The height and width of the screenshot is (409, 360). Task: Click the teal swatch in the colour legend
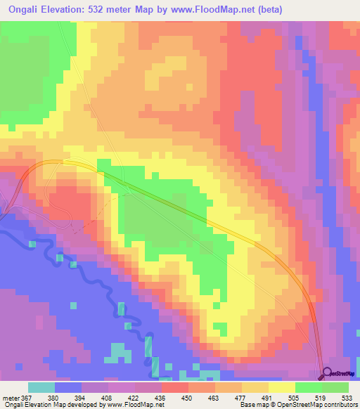pyautogui.click(x=41, y=387)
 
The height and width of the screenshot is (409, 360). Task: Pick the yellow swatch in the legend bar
pyautogui.click(x=281, y=387)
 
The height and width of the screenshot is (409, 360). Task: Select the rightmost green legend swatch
pyautogui.click(x=335, y=387)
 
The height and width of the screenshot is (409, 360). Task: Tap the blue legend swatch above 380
pyautogui.click(x=68, y=387)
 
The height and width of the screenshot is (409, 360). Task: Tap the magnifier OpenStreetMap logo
pyautogui.click(x=328, y=373)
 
